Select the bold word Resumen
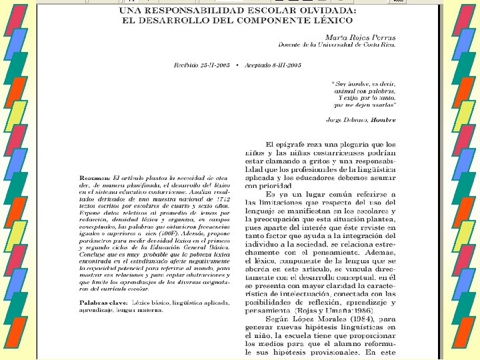coord(94,178)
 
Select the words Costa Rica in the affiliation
coord(381,44)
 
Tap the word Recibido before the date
coord(187,65)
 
